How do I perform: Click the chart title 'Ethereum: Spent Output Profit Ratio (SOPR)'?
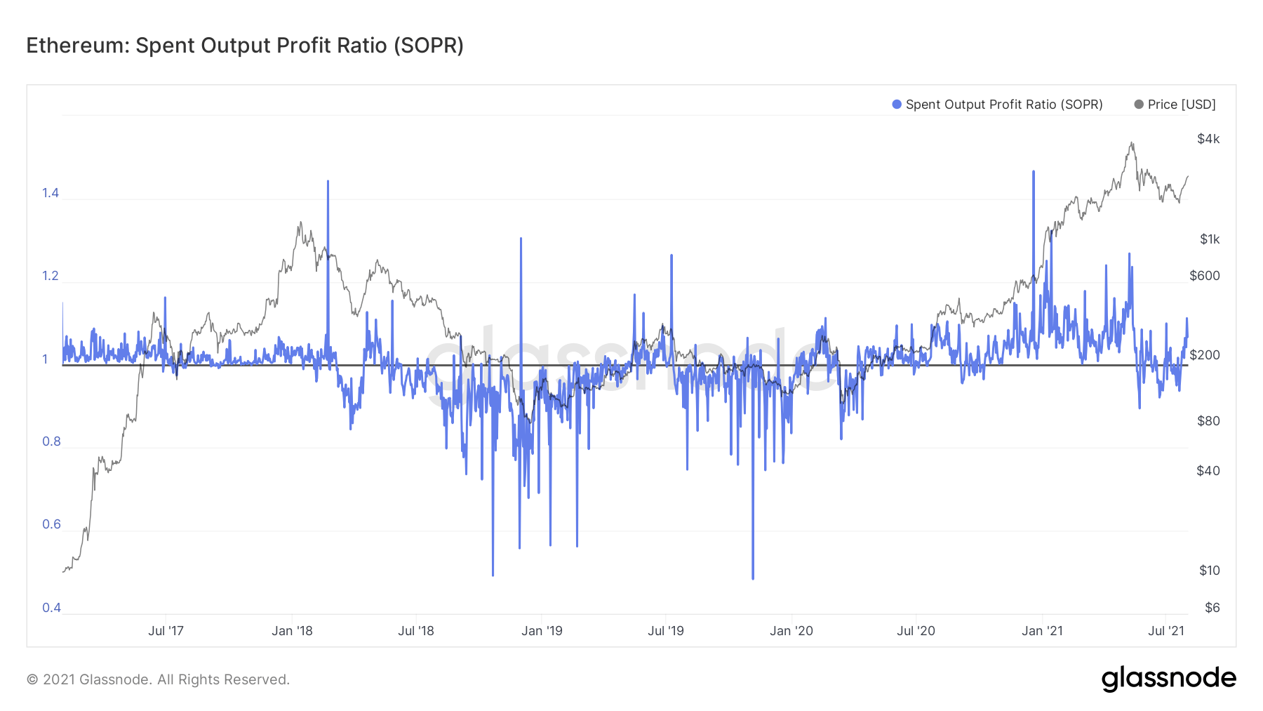[x=245, y=46]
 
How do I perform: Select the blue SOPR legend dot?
[x=896, y=105]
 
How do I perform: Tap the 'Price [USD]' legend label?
[x=1181, y=105]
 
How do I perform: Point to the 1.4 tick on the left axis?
[x=51, y=193]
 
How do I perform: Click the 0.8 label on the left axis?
[x=51, y=441]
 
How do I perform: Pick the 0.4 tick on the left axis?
[x=51, y=608]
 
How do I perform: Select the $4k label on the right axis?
[x=1208, y=139]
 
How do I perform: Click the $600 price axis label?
[x=1204, y=276]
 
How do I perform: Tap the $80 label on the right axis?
[x=1208, y=421]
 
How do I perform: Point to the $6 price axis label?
[x=1212, y=608]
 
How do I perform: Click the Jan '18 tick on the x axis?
[x=292, y=631]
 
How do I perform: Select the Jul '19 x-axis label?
[x=665, y=631]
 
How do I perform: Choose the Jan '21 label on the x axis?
[x=1042, y=631]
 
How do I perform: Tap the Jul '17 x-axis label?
[x=166, y=631]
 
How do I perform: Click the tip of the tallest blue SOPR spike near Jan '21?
[x=1034, y=171]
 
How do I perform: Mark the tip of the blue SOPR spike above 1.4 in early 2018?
[x=328, y=181]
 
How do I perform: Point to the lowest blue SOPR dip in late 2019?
[x=753, y=578]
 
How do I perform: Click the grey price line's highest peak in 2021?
[x=1132, y=143]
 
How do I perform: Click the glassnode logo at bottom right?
[x=1168, y=679]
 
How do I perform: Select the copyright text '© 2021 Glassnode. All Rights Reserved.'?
[x=158, y=679]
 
